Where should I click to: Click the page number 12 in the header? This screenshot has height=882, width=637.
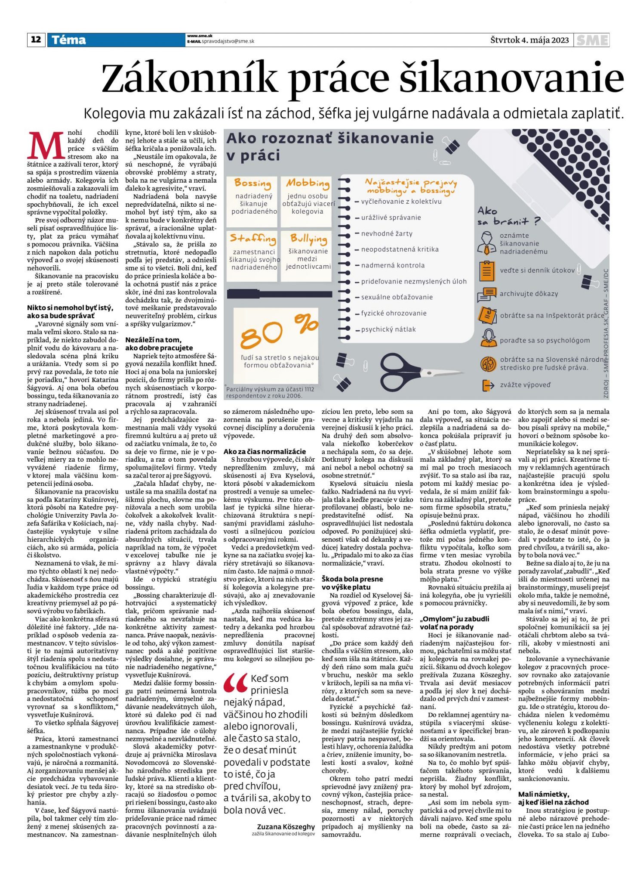(x=36, y=40)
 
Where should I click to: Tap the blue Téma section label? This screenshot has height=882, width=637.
(x=69, y=40)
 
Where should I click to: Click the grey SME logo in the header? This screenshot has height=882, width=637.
(x=593, y=40)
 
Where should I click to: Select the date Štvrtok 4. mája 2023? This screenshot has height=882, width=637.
(x=529, y=40)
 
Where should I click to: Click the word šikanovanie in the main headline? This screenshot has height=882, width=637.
(x=512, y=78)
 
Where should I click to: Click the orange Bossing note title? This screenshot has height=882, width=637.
(x=252, y=183)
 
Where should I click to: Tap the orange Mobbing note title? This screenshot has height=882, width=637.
(x=308, y=183)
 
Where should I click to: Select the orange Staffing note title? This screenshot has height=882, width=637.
(x=253, y=239)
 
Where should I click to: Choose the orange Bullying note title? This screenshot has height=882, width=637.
(x=308, y=239)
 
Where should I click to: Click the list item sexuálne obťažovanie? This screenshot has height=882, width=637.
(x=397, y=297)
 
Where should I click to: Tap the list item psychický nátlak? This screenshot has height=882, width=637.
(x=388, y=329)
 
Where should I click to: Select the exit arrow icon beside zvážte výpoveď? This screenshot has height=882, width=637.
(x=488, y=385)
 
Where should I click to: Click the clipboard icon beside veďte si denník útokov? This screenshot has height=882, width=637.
(x=487, y=270)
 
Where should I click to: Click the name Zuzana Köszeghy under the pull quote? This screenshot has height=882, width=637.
(x=286, y=827)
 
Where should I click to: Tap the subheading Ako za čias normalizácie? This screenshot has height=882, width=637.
(x=265, y=452)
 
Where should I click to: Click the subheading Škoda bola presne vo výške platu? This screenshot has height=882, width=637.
(x=352, y=583)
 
